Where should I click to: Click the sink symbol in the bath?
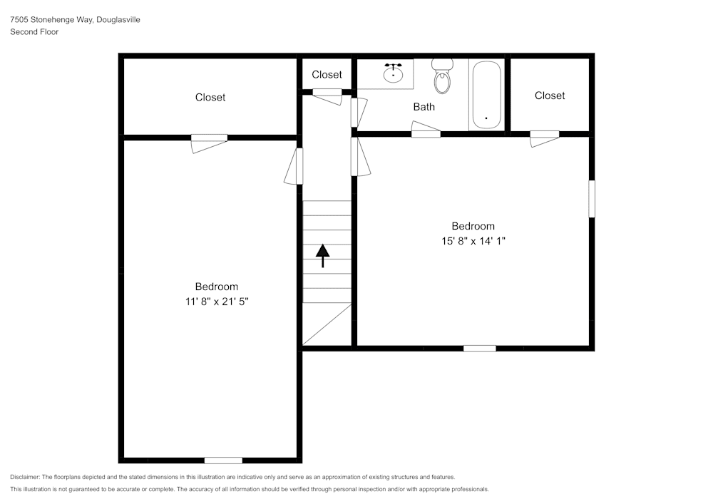[x=393, y=73]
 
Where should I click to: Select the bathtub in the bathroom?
[x=487, y=96]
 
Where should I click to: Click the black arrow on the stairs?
[x=323, y=255]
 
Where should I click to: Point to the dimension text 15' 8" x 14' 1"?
[x=473, y=241]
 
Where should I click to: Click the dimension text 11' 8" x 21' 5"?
[x=216, y=302]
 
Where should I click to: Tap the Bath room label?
[x=424, y=107]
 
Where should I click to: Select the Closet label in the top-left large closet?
[x=210, y=97]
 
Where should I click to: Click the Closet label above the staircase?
[x=327, y=74]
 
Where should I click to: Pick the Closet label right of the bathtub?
[x=550, y=96]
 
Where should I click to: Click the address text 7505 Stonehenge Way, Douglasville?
[x=75, y=20]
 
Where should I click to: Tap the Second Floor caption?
[x=34, y=32]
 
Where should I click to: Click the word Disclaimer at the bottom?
[x=26, y=477]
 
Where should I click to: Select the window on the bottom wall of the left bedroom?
[x=223, y=460]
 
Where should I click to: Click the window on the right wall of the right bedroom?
[x=591, y=199]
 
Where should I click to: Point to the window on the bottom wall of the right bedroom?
[x=480, y=348]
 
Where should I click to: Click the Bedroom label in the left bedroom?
[x=217, y=287]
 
